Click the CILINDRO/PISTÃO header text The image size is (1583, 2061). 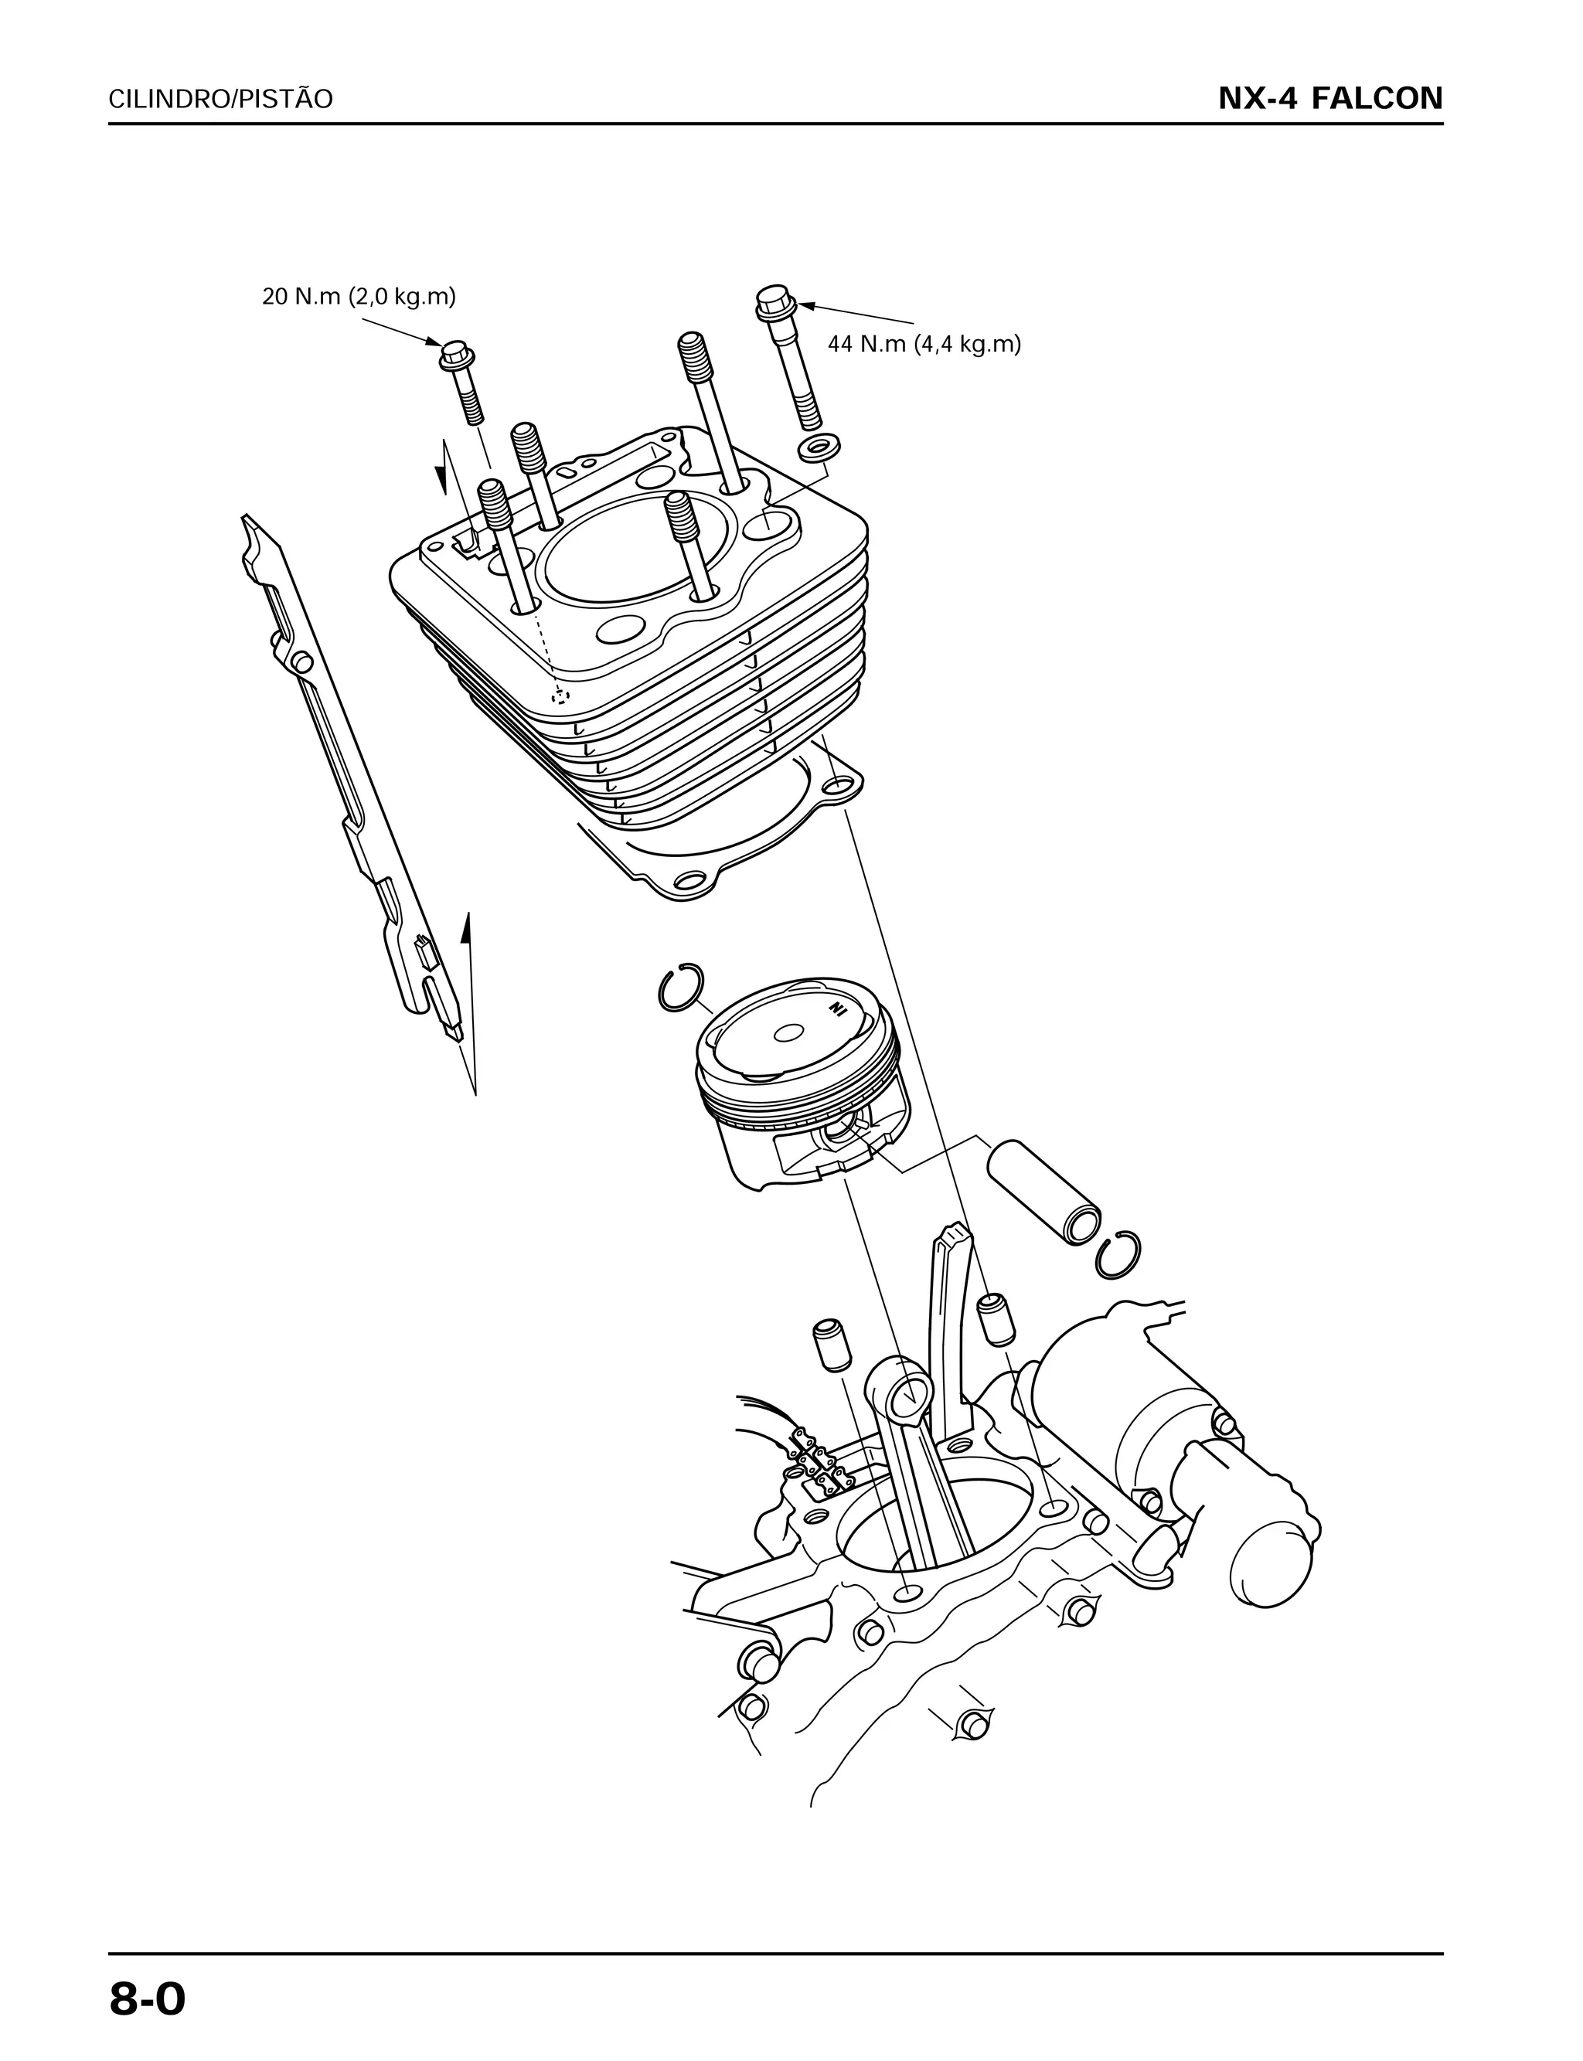coord(220,100)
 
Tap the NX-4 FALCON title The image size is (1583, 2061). coord(1329,99)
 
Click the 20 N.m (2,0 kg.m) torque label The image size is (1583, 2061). coord(358,298)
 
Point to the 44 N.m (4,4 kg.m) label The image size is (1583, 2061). coord(924,345)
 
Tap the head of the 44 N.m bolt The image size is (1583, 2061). coord(775,301)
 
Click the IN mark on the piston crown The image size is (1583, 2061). coord(836,1010)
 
